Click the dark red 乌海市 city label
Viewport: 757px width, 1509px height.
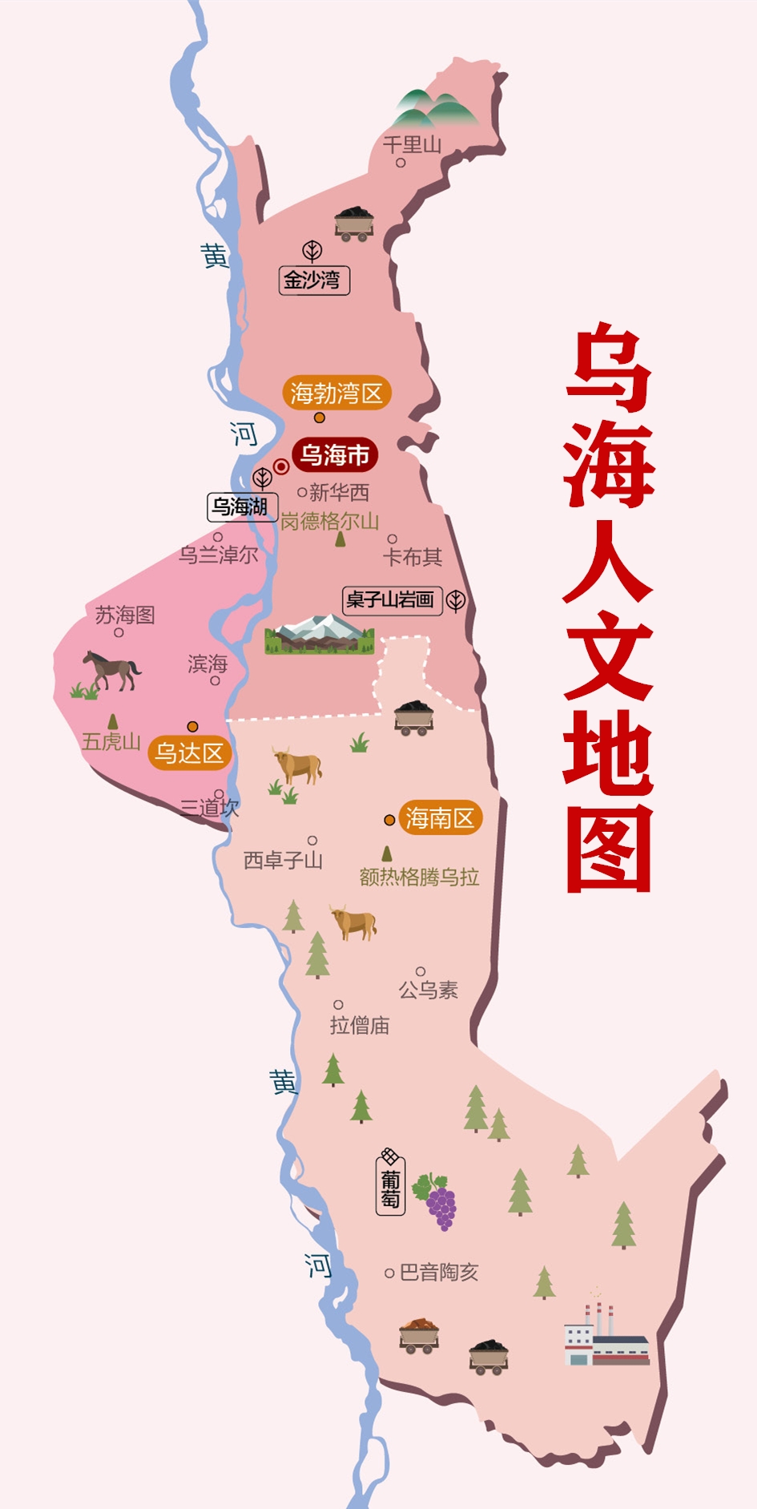pyautogui.click(x=335, y=455)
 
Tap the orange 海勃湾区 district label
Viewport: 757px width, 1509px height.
pyautogui.click(x=336, y=393)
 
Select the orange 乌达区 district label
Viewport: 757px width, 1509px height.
pyautogui.click(x=189, y=753)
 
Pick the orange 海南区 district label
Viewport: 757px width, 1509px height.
pyautogui.click(x=440, y=818)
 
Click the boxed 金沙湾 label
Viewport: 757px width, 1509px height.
pyautogui.click(x=313, y=280)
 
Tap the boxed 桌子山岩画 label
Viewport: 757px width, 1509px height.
pyautogui.click(x=392, y=599)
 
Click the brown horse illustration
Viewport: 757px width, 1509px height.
pyautogui.click(x=111, y=670)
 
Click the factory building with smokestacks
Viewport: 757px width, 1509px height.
pyautogui.click(x=606, y=1335)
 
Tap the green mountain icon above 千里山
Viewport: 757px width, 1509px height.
pyautogui.click(x=433, y=109)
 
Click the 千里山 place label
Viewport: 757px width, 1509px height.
pyautogui.click(x=412, y=145)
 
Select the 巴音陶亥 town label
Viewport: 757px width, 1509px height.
pyautogui.click(x=438, y=1273)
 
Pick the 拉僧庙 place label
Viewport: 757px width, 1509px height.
pyautogui.click(x=360, y=1025)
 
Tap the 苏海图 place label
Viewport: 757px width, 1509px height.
pyautogui.click(x=125, y=615)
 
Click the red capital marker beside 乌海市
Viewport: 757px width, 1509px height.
pyautogui.click(x=281, y=466)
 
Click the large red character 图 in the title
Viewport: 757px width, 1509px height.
pyautogui.click(x=609, y=849)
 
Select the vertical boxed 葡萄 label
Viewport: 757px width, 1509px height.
pyautogui.click(x=390, y=1188)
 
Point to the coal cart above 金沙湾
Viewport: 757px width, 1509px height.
pyautogui.click(x=353, y=224)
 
